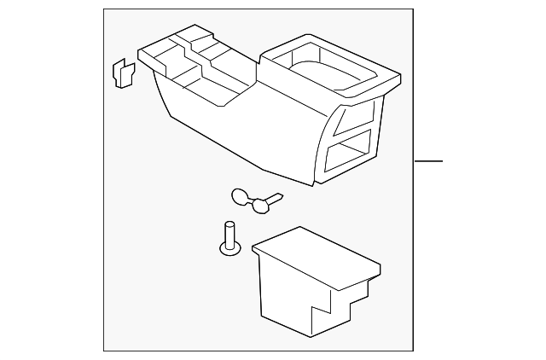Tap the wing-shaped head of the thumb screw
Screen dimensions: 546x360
coord(242,197)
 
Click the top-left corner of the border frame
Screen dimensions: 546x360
coord(105,10)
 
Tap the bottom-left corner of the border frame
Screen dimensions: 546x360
coord(105,349)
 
